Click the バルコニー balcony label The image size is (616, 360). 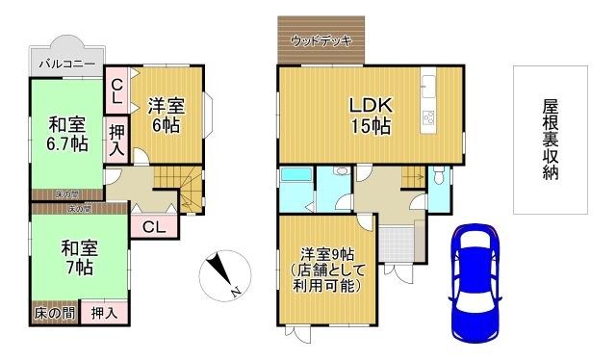[x=66, y=64]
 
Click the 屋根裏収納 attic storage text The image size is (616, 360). [x=551, y=140]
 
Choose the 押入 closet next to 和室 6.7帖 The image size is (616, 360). [x=115, y=140]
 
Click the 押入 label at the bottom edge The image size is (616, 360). [x=104, y=313]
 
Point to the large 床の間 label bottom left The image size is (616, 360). [x=54, y=313]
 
